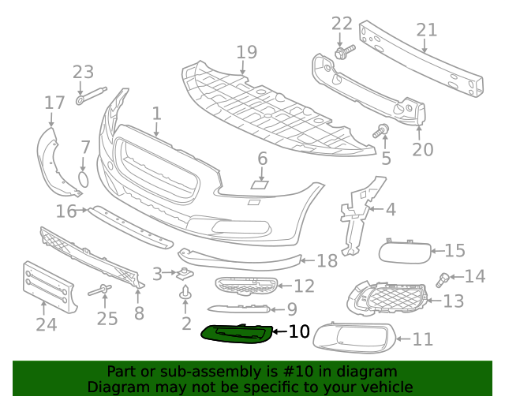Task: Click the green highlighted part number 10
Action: click(x=237, y=334)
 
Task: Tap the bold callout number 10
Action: click(x=299, y=331)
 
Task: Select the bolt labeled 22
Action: click(x=345, y=51)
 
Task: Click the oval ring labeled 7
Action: click(x=84, y=179)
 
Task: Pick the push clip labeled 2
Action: click(x=185, y=292)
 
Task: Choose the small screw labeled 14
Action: click(x=443, y=279)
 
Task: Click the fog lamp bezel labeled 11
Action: click(x=354, y=337)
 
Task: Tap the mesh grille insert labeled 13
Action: click(x=387, y=297)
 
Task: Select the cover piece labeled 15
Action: click(x=405, y=252)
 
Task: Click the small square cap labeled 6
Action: click(x=260, y=185)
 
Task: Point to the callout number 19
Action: click(x=247, y=52)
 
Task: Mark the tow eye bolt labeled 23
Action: click(x=92, y=95)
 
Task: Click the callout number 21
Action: click(x=427, y=30)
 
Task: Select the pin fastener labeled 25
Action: click(x=100, y=290)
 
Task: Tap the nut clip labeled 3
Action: click(x=185, y=274)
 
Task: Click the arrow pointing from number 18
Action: click(x=308, y=260)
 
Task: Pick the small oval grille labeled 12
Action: click(x=246, y=286)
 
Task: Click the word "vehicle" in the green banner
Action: click(x=391, y=387)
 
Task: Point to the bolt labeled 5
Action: click(x=381, y=131)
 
